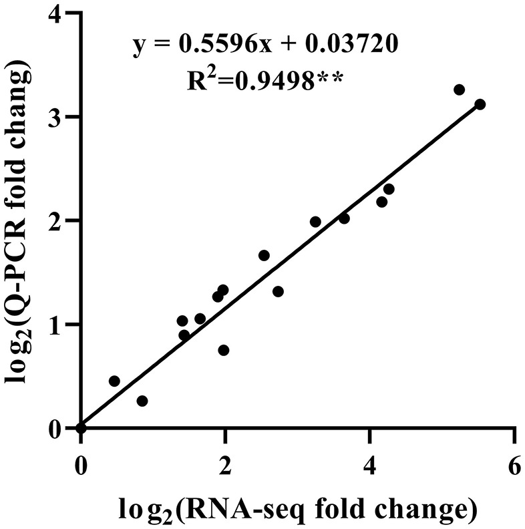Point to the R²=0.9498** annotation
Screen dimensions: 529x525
point(265,79)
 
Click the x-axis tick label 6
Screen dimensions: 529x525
point(514,465)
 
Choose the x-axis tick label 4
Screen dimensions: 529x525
point(369,465)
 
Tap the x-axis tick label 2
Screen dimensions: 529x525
point(225,465)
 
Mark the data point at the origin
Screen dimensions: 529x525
point(81,428)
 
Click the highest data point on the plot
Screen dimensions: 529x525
point(459,90)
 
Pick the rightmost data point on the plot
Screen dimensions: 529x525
point(480,104)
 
